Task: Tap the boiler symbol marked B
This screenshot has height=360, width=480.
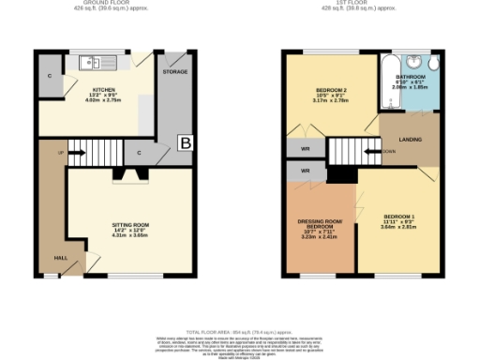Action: click(185, 143)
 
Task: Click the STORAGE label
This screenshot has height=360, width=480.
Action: click(174, 70)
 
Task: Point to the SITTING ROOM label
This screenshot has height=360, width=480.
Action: click(131, 225)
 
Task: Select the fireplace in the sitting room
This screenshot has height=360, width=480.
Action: click(126, 173)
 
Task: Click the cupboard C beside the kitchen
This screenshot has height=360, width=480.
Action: click(49, 75)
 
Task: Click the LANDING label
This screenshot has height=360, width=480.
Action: click(410, 140)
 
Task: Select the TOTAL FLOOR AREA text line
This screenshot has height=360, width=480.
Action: click(240, 331)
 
